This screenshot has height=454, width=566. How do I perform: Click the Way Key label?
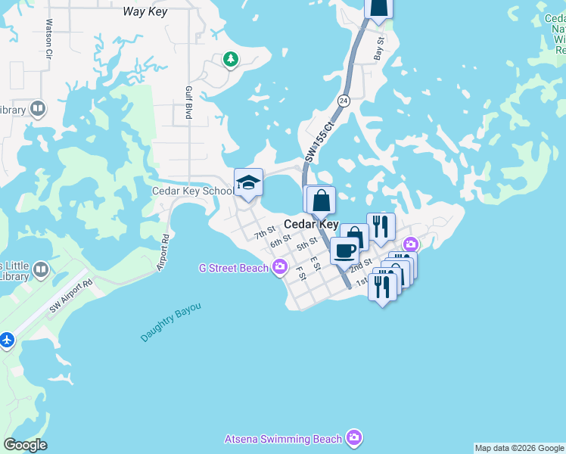(x=145, y=12)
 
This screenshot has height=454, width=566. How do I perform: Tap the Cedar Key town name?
(x=311, y=225)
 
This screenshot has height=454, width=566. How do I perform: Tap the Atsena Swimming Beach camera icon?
(x=353, y=438)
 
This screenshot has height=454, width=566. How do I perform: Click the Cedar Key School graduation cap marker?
(x=248, y=182)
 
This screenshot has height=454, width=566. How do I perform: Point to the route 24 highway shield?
(x=344, y=101)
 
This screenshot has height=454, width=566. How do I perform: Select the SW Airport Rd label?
(x=70, y=295)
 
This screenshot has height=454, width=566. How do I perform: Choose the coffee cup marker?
(x=344, y=251)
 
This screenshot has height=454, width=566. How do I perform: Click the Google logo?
(x=25, y=445)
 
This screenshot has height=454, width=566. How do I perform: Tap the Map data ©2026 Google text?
(x=519, y=448)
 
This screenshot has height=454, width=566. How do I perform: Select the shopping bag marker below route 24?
(x=321, y=201)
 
